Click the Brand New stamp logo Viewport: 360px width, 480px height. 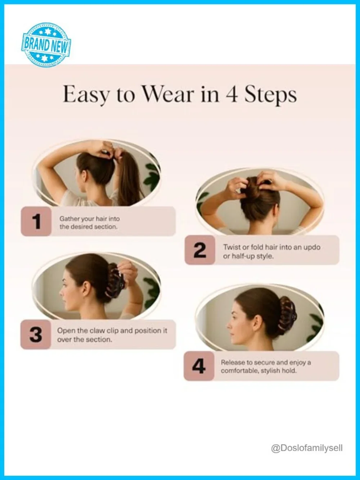[46, 44]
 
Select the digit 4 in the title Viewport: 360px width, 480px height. [231, 94]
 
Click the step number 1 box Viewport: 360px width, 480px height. [36, 221]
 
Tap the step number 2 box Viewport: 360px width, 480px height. [200, 250]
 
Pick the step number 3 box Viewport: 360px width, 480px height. [36, 335]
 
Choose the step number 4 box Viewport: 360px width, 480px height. [199, 366]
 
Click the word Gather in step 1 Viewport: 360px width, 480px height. [67, 219]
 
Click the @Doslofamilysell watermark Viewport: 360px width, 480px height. [307, 448]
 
